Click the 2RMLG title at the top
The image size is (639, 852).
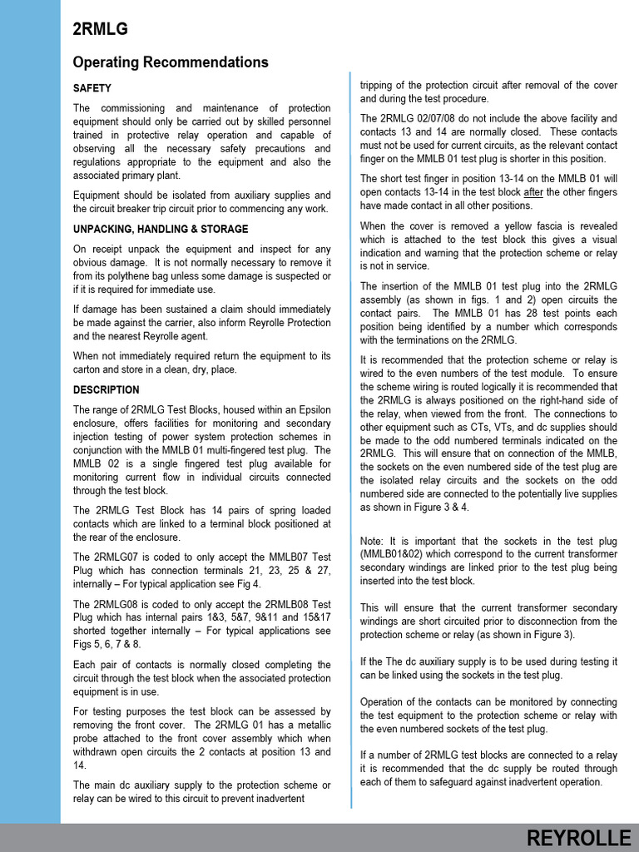[x=101, y=30]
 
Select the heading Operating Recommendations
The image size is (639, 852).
[x=171, y=62]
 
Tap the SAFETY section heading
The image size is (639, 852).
[x=92, y=88]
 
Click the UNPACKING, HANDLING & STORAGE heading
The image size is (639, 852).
[x=161, y=229]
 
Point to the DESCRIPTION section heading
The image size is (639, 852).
[x=106, y=389]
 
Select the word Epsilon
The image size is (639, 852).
[x=309, y=410]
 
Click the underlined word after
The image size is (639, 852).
[x=534, y=192]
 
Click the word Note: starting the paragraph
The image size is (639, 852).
[x=373, y=541]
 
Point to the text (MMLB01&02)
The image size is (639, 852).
[x=395, y=554]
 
